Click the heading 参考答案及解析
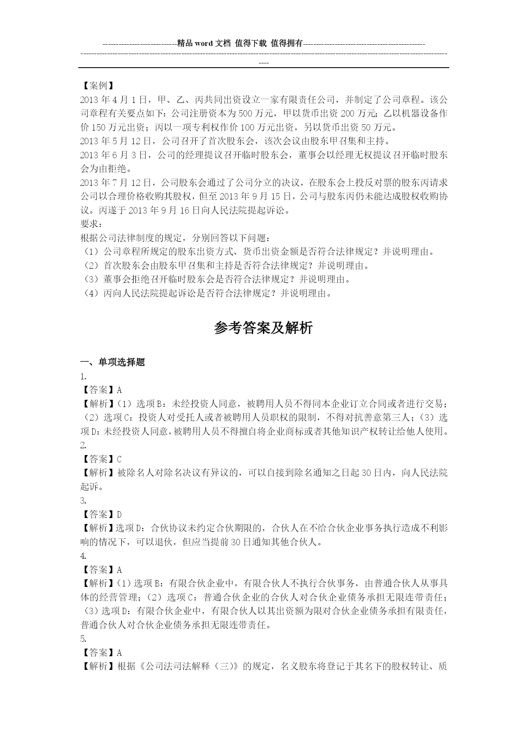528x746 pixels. point(263,328)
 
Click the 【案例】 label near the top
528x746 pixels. point(97,86)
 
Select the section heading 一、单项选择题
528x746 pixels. point(113,362)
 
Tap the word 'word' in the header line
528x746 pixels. point(204,43)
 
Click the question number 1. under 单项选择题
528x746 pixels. point(83,376)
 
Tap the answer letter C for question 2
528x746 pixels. point(119,459)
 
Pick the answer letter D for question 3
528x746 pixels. point(119,515)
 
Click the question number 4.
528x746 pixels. point(83,556)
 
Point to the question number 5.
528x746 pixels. point(83,639)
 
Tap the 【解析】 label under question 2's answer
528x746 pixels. point(97,473)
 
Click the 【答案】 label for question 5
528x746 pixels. point(97,653)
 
